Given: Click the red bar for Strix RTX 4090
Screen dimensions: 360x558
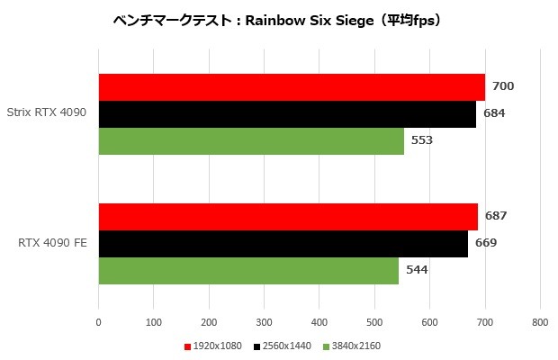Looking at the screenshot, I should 292,87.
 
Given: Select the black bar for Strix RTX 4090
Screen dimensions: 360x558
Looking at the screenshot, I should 287,114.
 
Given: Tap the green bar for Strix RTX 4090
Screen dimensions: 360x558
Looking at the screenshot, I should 251,141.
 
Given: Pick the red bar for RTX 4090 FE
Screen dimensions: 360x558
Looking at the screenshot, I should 288,217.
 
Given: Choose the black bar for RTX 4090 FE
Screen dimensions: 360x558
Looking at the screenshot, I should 283,244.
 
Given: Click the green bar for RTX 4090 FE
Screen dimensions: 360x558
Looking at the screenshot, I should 248,271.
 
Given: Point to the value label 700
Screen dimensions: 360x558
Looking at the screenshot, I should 503,86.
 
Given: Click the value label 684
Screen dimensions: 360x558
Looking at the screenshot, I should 494,113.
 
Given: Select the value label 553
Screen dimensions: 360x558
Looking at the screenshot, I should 422,140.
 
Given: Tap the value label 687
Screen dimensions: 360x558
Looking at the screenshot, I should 496,216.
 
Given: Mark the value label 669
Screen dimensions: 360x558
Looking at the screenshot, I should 486,243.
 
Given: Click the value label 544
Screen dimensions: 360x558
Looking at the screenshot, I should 417,270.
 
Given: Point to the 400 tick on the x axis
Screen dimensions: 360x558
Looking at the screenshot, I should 319,321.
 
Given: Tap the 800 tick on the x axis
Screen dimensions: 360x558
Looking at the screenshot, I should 540,321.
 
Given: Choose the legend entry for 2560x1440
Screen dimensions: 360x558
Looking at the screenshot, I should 285,346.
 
